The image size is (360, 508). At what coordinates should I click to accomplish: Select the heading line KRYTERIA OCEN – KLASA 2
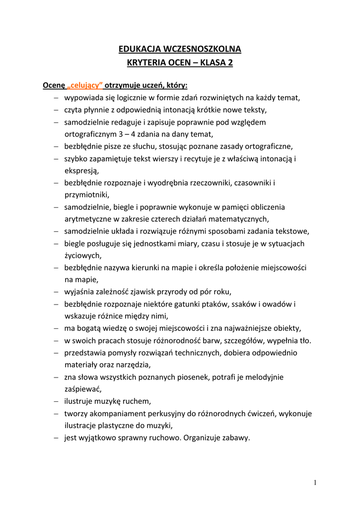[x=180, y=63]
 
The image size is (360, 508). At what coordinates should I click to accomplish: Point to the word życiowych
[x=82, y=255]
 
